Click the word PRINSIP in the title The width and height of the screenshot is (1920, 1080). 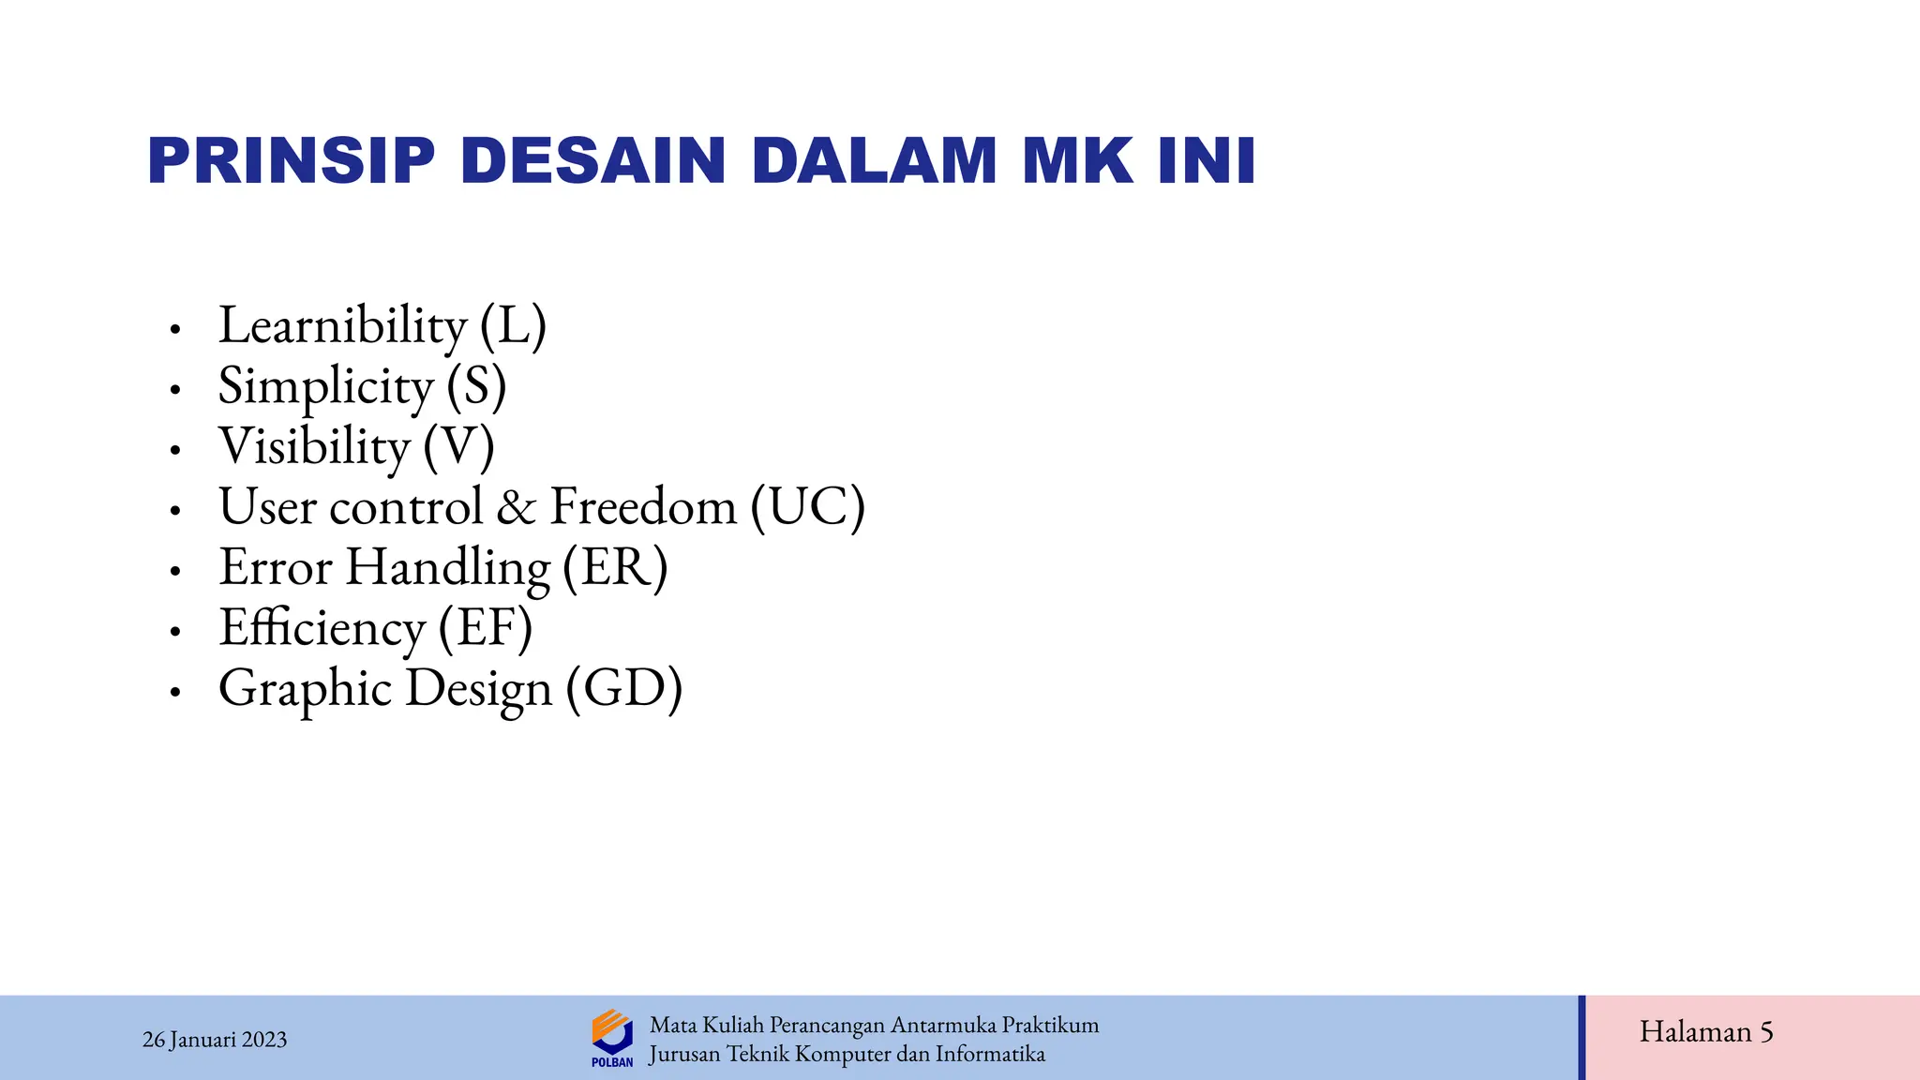pos(292,161)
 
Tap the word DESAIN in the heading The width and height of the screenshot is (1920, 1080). pos(593,161)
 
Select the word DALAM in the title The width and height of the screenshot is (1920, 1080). pos(874,161)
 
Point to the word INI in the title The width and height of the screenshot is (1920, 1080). pos(1207,161)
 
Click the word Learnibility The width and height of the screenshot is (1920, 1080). pos(342,326)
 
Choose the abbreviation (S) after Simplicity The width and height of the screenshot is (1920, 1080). pos(476,386)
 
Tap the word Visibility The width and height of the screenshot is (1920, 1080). pos(314,446)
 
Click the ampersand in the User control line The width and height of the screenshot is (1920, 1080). pos(516,507)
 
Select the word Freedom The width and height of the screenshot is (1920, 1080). pos(643,507)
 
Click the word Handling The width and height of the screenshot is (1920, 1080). pos(447,568)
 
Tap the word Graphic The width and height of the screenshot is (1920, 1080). pos(305,689)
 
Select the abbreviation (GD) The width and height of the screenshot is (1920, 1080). pos(624,689)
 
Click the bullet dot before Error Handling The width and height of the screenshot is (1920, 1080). pos(174,571)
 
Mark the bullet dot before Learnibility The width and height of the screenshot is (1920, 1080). pos(174,329)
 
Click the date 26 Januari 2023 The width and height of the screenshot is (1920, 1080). pos(215,1040)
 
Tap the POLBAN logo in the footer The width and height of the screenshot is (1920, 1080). pos(612,1037)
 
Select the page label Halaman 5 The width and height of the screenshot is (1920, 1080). pos(1706,1032)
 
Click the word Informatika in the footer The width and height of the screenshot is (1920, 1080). pos(990,1055)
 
